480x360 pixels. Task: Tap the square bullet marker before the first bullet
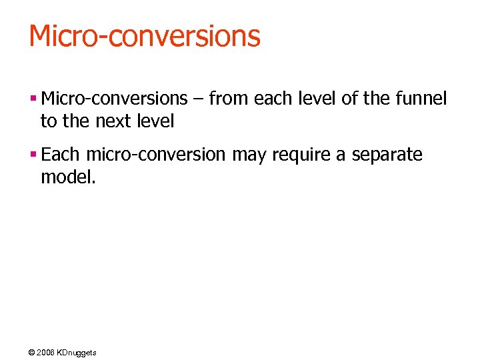[33, 99]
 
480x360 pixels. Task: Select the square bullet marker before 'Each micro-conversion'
[33, 155]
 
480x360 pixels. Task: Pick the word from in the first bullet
[227, 99]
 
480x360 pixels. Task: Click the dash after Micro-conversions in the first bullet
[199, 99]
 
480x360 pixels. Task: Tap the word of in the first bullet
[349, 99]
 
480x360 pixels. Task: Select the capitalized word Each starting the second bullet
[60, 155]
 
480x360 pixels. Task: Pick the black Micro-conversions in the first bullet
[114, 99]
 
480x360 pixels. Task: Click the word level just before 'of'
[317, 99]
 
